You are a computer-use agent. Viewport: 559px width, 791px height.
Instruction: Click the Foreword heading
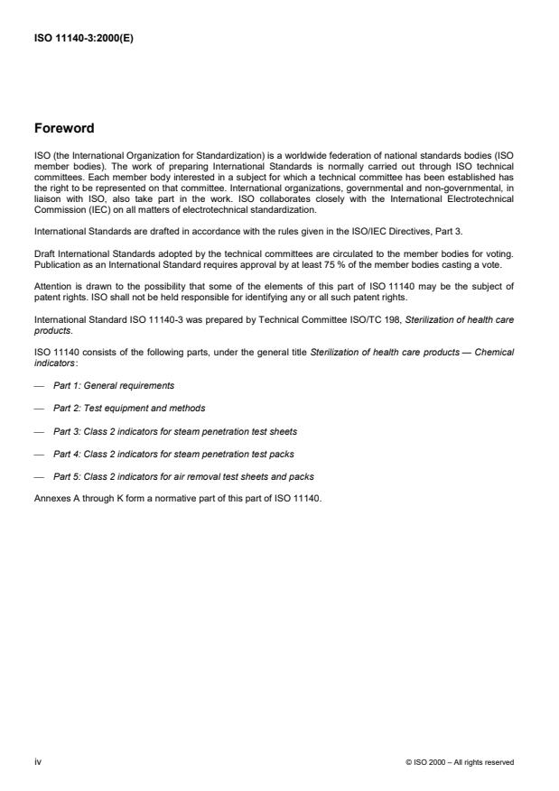[x=65, y=128]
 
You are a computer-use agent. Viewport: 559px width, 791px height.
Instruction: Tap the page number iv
[x=38, y=762]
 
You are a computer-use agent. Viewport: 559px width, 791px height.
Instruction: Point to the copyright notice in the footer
[x=460, y=763]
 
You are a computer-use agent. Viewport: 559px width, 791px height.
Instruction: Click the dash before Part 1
[x=39, y=386]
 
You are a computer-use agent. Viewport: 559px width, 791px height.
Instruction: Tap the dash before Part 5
[x=39, y=476]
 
